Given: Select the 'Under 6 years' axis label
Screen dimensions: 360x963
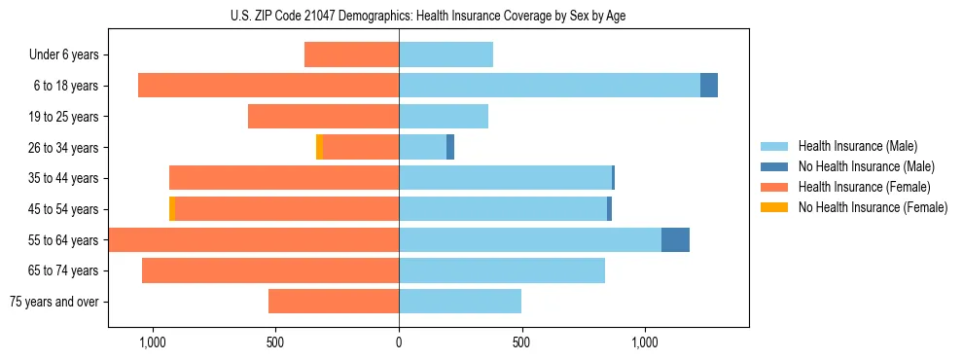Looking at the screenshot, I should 64,54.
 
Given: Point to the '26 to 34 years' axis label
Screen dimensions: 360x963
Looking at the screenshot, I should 63,147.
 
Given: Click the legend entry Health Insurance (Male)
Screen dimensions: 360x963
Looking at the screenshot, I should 857,146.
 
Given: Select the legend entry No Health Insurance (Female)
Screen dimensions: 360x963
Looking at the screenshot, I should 873,207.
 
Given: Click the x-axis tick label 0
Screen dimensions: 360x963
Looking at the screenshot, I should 399,342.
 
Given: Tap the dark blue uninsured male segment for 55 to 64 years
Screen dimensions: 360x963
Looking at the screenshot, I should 675,240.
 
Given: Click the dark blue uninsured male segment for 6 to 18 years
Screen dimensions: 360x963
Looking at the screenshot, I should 709,86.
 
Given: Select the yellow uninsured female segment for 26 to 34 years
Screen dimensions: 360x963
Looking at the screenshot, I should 319,147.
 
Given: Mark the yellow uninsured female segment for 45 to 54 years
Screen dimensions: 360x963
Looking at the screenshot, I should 172,209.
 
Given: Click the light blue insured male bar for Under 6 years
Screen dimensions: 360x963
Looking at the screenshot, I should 446,54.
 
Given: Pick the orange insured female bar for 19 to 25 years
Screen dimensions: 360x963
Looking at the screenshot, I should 323,117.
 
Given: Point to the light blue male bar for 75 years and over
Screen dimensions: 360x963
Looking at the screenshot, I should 460,302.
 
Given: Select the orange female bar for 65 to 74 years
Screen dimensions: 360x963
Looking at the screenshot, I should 270,270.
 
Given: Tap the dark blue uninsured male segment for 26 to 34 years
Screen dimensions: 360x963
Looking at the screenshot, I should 450,147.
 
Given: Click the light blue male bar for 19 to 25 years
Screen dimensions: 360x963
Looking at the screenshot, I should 444,117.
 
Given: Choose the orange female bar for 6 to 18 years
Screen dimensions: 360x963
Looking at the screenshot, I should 268,86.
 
